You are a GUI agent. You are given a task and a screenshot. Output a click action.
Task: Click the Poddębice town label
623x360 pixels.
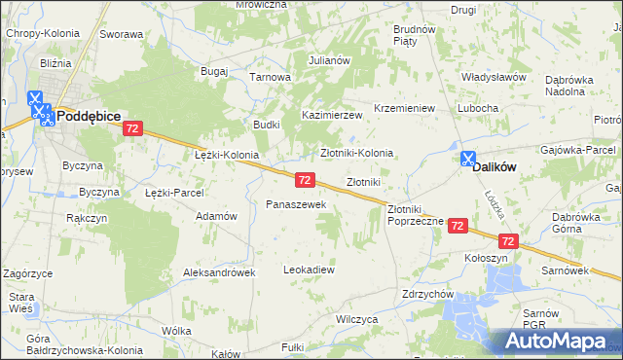click(x=88, y=116)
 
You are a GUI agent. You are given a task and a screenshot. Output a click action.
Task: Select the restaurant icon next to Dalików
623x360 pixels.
click(x=468, y=159)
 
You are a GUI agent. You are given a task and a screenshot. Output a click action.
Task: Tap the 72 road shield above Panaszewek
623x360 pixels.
click(x=305, y=180)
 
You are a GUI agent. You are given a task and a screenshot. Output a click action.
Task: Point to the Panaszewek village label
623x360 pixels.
click(x=303, y=205)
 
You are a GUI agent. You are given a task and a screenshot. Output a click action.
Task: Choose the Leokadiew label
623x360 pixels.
click(x=309, y=270)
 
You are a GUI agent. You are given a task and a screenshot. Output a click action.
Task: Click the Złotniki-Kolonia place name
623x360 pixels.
click(x=357, y=153)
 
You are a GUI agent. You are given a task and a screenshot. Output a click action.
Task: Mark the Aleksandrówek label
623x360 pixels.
click(x=219, y=273)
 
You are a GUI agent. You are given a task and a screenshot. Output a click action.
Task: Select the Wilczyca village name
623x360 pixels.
click(x=356, y=319)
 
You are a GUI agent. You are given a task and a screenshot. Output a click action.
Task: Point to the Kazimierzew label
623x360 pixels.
click(x=331, y=115)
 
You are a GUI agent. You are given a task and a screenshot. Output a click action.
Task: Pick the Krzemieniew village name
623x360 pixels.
click(x=404, y=108)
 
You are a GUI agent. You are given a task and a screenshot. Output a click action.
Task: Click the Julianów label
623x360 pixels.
click(x=329, y=60)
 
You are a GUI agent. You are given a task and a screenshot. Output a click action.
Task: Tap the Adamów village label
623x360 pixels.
click(x=217, y=216)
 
